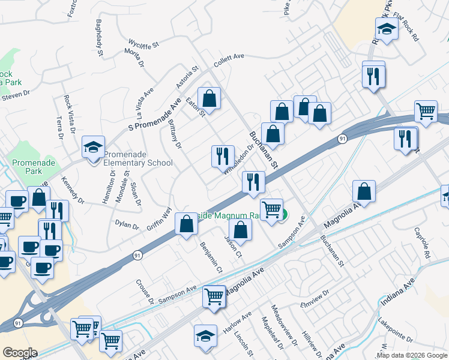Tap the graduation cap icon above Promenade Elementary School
(x=94, y=146)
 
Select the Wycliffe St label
(x=143, y=44)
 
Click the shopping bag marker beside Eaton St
(x=209, y=97)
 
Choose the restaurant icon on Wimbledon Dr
(x=223, y=155)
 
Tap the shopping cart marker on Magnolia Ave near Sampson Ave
(x=214, y=296)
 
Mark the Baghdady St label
(x=100, y=35)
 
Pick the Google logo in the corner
(x=20, y=352)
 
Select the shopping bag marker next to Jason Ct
(x=240, y=230)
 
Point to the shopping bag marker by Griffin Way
(x=187, y=224)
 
